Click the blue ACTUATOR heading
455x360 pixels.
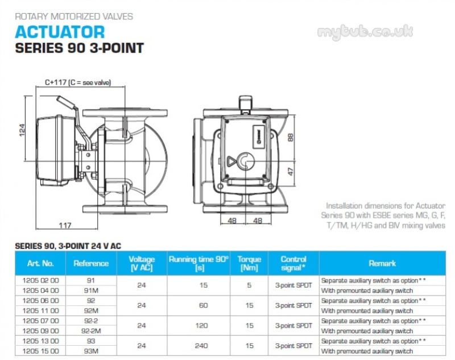pos(60,32)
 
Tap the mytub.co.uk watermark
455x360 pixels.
pos(365,31)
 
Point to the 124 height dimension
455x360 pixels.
pos(22,130)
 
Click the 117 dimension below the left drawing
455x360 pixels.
pos(65,225)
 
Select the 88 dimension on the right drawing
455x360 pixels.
pos(291,137)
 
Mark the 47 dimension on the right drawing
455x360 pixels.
pos(291,171)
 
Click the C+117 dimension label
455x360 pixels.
pos(78,82)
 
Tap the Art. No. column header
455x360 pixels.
pos(40,263)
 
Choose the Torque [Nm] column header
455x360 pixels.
pos(249,263)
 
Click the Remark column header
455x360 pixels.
pos(382,263)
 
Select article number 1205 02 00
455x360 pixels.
pos(40,280)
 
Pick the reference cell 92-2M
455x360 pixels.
pos(91,331)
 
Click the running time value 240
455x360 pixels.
pos(201,346)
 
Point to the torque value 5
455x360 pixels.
pos(249,285)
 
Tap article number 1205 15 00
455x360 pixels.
pos(40,351)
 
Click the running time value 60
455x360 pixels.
pos(204,305)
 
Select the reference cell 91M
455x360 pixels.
pos(91,291)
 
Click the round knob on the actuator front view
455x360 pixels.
pos(246,161)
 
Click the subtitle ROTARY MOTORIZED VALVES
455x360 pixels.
pos(74,16)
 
